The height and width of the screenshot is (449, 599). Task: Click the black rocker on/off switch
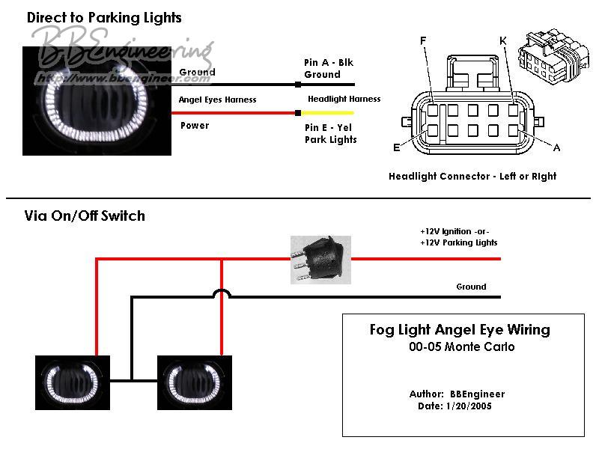[320, 260]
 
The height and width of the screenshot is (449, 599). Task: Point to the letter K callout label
[503, 40]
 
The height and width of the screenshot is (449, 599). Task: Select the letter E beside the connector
[396, 147]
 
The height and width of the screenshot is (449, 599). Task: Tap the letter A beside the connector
[556, 147]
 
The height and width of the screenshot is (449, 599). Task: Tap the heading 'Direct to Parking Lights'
[104, 17]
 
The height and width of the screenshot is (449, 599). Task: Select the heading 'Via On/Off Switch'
[85, 216]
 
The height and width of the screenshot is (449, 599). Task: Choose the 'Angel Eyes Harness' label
[217, 100]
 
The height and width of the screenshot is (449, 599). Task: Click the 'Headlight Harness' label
[344, 99]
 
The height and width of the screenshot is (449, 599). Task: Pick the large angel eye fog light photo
[97, 101]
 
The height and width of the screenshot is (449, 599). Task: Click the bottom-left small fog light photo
[73, 382]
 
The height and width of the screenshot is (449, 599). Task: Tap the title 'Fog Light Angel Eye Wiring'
[460, 329]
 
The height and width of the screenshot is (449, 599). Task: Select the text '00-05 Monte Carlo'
[462, 347]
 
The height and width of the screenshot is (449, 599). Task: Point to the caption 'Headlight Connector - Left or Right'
[472, 177]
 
